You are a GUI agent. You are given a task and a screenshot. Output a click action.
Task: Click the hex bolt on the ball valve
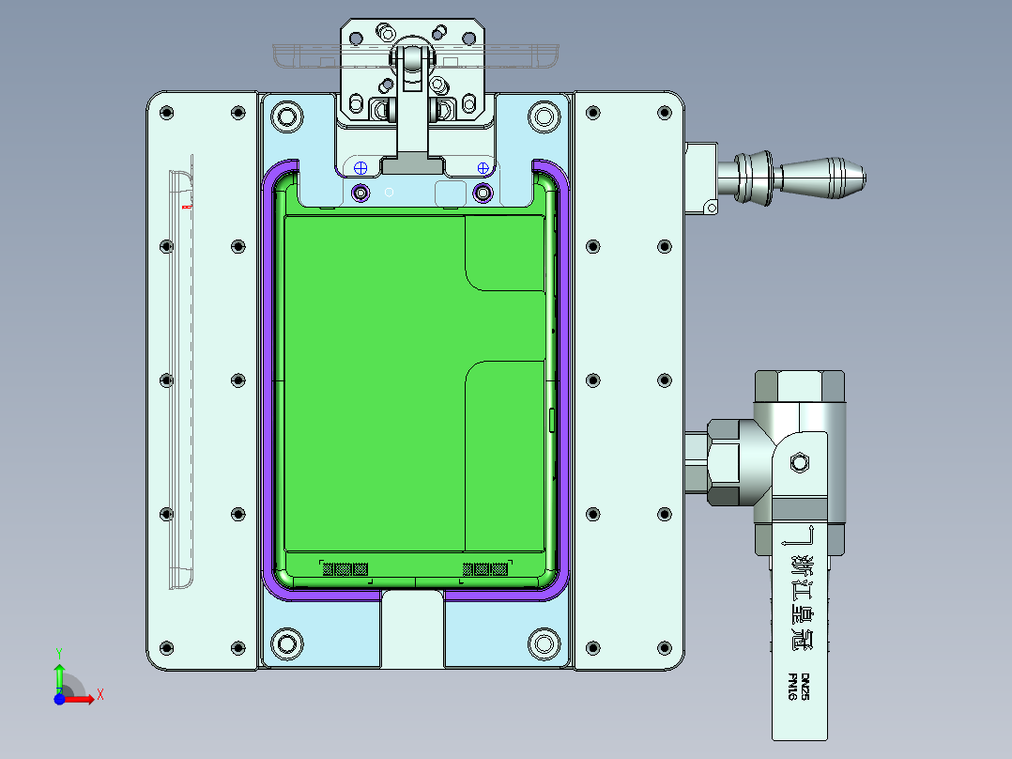coord(801,462)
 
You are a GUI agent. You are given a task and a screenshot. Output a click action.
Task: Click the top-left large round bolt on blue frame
coord(285,118)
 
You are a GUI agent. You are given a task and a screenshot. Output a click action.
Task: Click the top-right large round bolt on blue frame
coord(544,118)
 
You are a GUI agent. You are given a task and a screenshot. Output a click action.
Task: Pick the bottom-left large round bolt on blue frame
coord(285,643)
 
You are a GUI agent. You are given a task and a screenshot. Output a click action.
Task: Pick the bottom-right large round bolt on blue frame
coord(544,643)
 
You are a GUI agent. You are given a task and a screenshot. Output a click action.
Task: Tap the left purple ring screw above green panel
coord(360,193)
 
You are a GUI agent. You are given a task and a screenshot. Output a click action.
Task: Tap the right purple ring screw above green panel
coord(483,193)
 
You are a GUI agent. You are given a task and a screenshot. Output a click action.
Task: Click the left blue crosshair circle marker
coord(360,168)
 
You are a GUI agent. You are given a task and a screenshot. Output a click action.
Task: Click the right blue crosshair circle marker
coord(483,168)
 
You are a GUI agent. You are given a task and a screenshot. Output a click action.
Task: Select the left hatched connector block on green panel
coord(345,568)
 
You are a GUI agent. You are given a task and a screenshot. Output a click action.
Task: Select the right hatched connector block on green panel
coord(485,568)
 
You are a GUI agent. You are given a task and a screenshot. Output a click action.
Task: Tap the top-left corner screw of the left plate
coord(167,114)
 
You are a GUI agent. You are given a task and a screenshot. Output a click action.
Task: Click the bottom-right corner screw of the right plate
coord(665,647)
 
